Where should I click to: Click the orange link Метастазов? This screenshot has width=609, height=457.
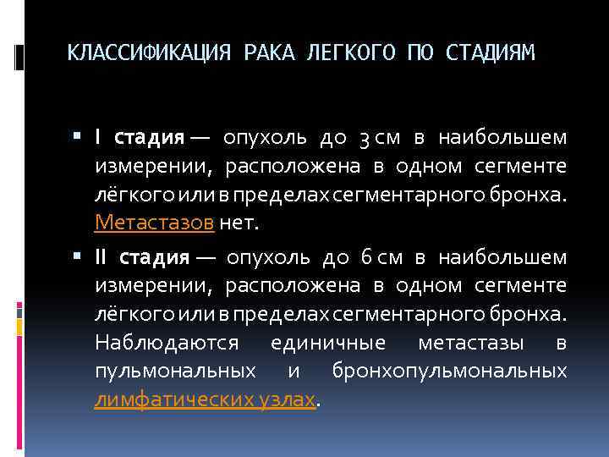click(x=156, y=223)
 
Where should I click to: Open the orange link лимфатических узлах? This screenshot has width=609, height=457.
click(x=205, y=399)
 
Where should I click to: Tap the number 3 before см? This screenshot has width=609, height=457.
click(x=364, y=138)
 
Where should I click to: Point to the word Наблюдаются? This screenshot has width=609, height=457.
click(x=168, y=343)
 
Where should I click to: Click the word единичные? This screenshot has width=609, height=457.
click(x=328, y=343)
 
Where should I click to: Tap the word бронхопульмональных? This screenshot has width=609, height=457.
click(x=449, y=372)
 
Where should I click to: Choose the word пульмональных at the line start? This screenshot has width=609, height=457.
click(x=176, y=372)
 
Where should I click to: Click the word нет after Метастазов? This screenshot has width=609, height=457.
click(x=240, y=223)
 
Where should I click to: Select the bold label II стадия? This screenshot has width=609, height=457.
click(x=141, y=257)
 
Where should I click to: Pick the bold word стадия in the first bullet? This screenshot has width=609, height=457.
click(x=149, y=138)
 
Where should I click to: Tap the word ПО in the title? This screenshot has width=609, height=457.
click(x=419, y=54)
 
